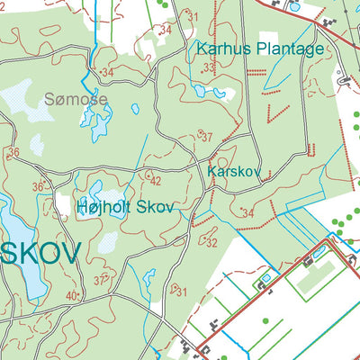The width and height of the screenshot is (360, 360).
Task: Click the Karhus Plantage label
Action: [256, 49]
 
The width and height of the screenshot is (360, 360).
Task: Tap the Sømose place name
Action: [76, 99]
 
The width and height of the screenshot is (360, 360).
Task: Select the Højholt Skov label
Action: [123, 207]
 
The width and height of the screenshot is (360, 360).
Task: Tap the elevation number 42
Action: [155, 181]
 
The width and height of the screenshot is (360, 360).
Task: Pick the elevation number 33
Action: [209, 68]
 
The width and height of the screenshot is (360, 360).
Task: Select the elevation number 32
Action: [211, 243]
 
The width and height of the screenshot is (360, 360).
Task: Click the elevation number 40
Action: [71, 295]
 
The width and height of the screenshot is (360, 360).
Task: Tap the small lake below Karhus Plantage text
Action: [200, 91]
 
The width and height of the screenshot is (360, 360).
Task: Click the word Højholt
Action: [101, 207]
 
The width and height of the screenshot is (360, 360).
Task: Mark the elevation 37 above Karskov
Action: [206, 138]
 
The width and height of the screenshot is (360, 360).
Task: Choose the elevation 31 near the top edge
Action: [192, 16]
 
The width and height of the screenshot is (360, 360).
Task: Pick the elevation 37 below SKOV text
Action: [100, 281]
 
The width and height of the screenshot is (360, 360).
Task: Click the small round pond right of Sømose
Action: [135, 109]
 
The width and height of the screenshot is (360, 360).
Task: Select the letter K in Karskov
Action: [211, 170]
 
